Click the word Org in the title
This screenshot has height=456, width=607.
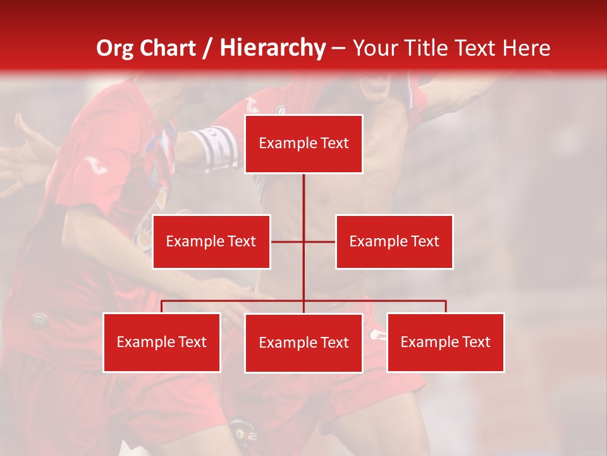pos(114,48)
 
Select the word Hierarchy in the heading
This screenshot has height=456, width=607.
pos(272,48)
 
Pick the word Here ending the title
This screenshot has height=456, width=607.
pos(526,48)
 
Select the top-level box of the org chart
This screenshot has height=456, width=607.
pos(303,144)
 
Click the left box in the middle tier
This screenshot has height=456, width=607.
pos(211,241)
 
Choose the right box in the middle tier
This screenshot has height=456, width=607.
pos(394,241)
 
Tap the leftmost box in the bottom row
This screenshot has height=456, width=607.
pos(162,342)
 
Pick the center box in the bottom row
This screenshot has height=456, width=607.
pos(303,343)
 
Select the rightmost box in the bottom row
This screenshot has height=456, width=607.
pos(445,342)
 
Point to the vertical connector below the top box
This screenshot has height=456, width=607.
pos(303,203)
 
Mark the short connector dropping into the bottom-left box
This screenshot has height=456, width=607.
pos(162,307)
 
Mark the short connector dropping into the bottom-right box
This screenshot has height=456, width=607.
pos(446,307)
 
